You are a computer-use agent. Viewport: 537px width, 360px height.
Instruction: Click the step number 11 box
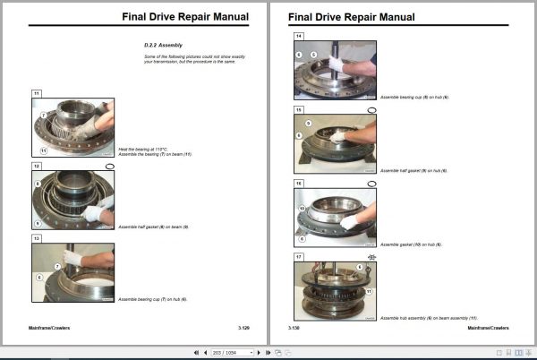click(37, 93)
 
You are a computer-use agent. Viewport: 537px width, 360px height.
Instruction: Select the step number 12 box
click(37, 167)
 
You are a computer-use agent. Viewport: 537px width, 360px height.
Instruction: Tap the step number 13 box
click(37, 239)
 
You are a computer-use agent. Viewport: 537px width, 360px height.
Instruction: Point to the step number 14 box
click(299, 36)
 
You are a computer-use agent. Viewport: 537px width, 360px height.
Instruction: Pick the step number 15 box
click(299, 109)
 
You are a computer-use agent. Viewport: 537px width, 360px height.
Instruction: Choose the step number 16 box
click(299, 183)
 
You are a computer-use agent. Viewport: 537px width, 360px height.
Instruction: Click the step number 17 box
click(299, 256)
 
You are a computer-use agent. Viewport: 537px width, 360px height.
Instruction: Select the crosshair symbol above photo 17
click(371, 257)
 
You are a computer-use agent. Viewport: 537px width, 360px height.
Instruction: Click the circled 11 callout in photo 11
click(43, 150)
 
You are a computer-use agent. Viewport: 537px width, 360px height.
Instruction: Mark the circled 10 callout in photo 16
click(303, 208)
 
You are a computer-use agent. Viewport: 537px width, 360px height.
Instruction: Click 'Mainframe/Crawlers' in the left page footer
click(50, 328)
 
